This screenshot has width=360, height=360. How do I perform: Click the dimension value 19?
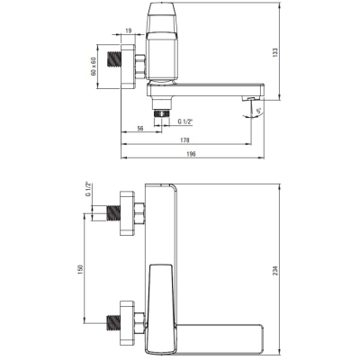click(x=129, y=31)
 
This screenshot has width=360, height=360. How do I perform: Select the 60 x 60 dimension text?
click(x=94, y=67)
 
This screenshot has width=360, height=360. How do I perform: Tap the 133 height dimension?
click(x=276, y=52)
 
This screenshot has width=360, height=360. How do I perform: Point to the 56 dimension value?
click(x=140, y=129)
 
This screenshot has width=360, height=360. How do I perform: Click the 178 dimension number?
click(x=185, y=140)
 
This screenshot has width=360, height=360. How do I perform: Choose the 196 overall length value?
click(x=191, y=154)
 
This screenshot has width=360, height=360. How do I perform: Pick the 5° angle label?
click(x=259, y=111)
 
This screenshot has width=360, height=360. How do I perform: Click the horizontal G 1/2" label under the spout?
click(x=185, y=121)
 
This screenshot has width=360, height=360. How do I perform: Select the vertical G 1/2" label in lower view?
click(x=88, y=189)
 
